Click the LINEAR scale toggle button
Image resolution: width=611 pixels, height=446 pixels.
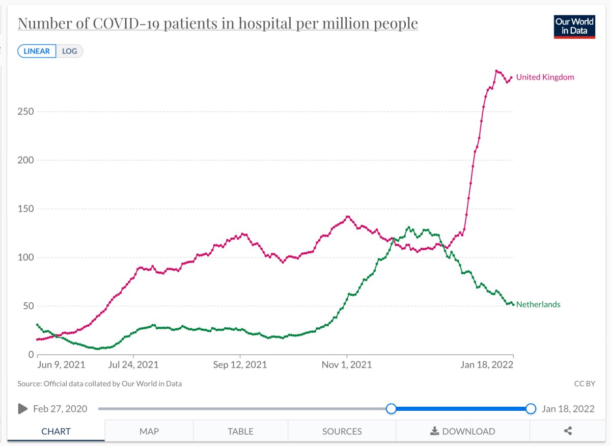point(37,51)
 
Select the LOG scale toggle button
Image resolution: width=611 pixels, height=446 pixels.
point(70,51)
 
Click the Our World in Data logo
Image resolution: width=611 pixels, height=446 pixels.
point(574,27)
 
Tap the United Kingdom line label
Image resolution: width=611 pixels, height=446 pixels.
point(545,77)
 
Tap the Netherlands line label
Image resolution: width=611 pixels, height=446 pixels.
point(538,305)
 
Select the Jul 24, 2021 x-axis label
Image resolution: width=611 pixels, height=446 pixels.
point(133,365)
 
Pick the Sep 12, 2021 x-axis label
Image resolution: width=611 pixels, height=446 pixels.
point(240,365)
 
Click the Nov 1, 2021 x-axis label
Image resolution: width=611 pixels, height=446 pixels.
point(347,365)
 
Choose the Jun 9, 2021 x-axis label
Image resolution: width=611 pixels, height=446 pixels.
point(61,365)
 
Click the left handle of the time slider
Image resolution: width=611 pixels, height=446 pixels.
point(391,409)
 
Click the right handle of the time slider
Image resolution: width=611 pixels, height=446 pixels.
point(531,409)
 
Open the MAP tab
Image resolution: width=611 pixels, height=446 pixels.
point(149,431)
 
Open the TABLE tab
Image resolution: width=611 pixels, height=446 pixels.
point(240,431)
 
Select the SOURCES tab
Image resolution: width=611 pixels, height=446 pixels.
point(342,431)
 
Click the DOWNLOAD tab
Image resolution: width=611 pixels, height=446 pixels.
point(462,431)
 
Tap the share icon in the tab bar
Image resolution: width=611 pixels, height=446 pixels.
point(568,431)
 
